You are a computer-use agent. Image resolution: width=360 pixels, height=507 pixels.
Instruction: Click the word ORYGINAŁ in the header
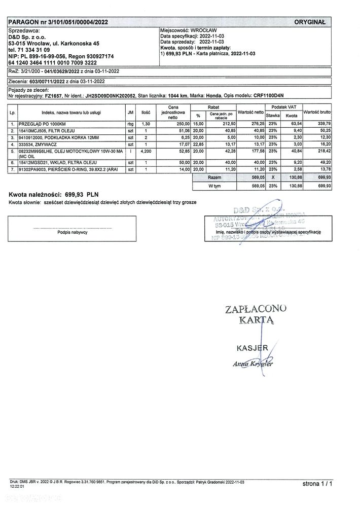(x=312, y=22)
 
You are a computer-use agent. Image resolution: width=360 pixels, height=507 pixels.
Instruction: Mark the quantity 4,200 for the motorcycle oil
(x=146, y=151)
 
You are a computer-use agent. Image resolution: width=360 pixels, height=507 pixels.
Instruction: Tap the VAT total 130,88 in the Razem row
(x=292, y=178)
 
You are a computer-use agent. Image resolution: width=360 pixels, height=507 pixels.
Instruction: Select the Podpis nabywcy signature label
(x=73, y=232)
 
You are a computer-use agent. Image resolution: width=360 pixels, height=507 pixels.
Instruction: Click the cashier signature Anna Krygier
(x=253, y=364)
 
